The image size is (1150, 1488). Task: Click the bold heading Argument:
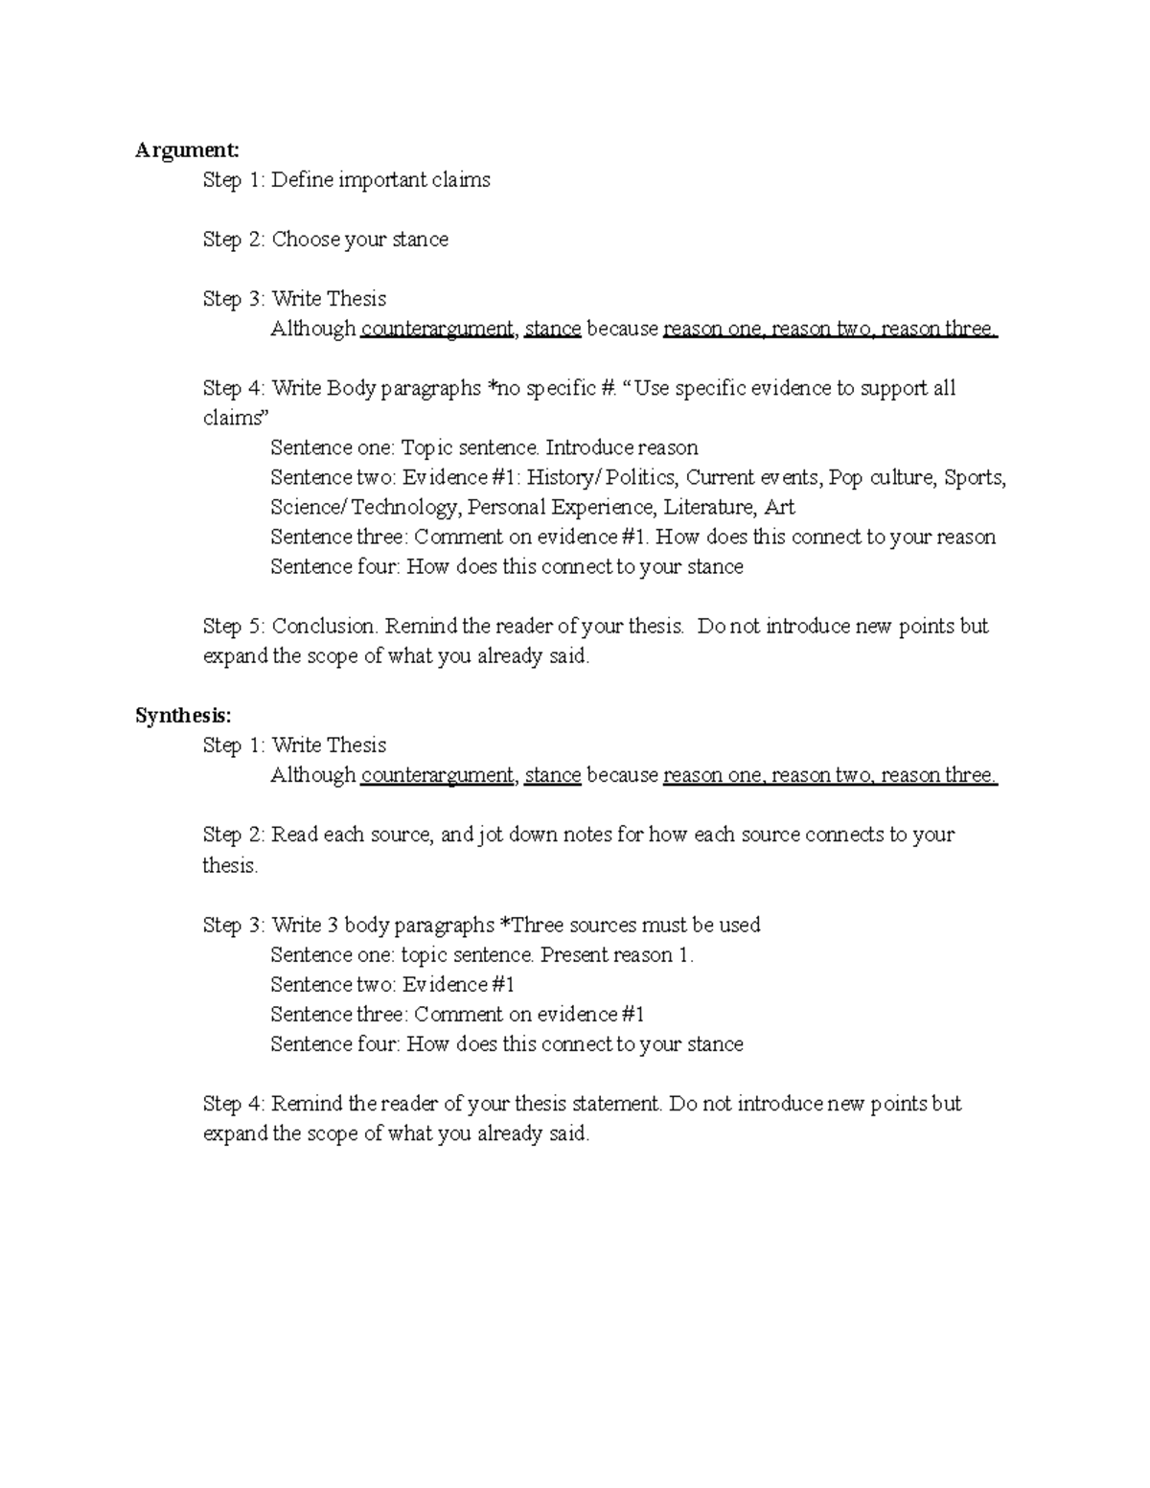click(x=187, y=150)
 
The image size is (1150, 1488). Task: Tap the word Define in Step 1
click(x=300, y=180)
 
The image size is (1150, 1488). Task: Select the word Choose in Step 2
click(x=306, y=240)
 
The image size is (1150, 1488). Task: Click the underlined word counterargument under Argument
click(x=437, y=329)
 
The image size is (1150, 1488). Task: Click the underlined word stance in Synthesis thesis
click(x=553, y=775)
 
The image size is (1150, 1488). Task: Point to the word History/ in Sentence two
click(x=563, y=477)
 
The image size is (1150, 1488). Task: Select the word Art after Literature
click(x=779, y=507)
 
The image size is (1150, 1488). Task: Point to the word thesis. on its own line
click(x=230, y=866)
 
